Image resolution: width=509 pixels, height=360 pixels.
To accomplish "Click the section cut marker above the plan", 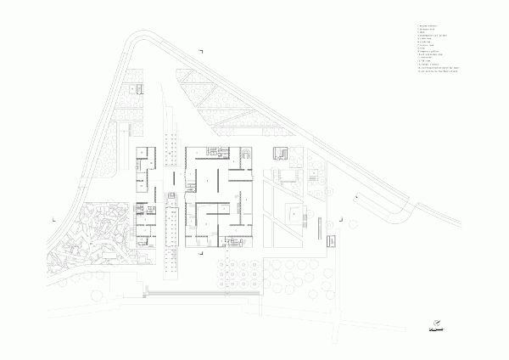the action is click(x=201, y=53).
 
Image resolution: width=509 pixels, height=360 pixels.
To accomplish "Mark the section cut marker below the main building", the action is click(x=200, y=252).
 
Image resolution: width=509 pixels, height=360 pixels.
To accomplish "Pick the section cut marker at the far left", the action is click(x=54, y=219).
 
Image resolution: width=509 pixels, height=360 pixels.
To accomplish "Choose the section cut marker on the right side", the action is click(x=343, y=219).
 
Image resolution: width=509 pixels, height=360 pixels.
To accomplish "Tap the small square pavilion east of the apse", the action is click(x=281, y=154).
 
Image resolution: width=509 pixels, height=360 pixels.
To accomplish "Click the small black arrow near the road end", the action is click(x=357, y=196).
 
